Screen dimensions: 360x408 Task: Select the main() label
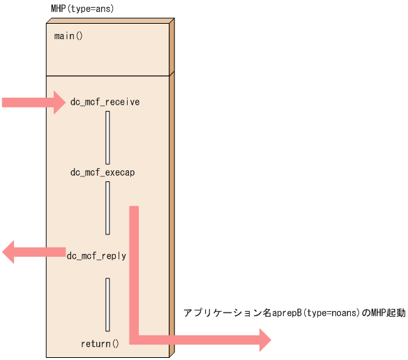(x=68, y=36)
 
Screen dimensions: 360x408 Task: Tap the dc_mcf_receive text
(x=105, y=102)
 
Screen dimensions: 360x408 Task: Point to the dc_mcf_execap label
(x=103, y=172)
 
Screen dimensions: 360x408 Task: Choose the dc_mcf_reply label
(x=96, y=256)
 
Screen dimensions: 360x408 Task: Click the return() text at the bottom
(x=100, y=343)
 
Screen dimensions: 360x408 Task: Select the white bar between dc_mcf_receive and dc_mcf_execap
(x=107, y=137)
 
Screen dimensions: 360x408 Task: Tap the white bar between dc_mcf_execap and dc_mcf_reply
(x=107, y=208)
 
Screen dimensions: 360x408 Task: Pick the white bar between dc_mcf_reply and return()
(x=107, y=304)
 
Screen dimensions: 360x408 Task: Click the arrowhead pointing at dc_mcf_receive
(x=57, y=103)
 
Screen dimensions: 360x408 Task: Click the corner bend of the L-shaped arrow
(x=135, y=339)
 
